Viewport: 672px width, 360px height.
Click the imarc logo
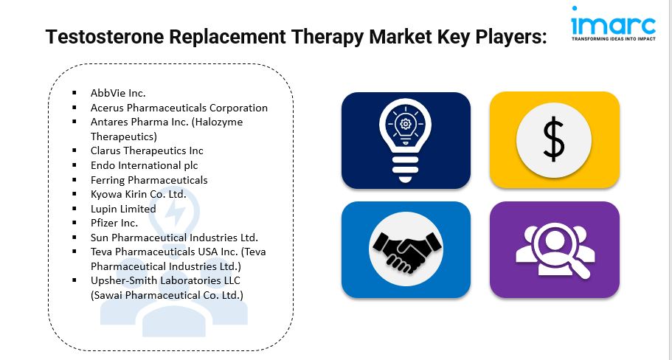pyautogui.click(x=613, y=24)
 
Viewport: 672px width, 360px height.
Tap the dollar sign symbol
pyautogui.click(x=554, y=140)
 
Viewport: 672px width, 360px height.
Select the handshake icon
pyautogui.click(x=406, y=250)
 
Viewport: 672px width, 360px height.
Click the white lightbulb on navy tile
pyautogui.click(x=406, y=139)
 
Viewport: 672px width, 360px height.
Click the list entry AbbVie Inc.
pyautogui.click(x=118, y=93)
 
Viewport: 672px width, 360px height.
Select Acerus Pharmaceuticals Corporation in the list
pyautogui.click(x=179, y=108)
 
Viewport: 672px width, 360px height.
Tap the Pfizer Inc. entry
pyautogui.click(x=114, y=223)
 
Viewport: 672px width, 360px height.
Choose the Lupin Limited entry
pyautogui.click(x=123, y=209)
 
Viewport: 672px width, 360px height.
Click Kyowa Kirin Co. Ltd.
pyautogui.click(x=139, y=194)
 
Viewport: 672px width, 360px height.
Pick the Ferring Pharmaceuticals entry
pyautogui.click(x=149, y=180)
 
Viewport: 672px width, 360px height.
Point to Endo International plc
pyautogui.click(x=145, y=165)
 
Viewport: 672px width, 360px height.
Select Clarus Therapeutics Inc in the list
pyautogui.click(x=147, y=150)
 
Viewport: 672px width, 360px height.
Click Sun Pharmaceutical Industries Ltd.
pyautogui.click(x=174, y=238)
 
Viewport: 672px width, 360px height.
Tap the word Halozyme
pyautogui.click(x=218, y=122)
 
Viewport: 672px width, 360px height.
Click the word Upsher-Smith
pyautogui.click(x=122, y=281)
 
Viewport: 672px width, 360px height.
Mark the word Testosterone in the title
pyautogui.click(x=105, y=37)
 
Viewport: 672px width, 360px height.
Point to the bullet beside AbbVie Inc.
pyautogui.click(x=75, y=92)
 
